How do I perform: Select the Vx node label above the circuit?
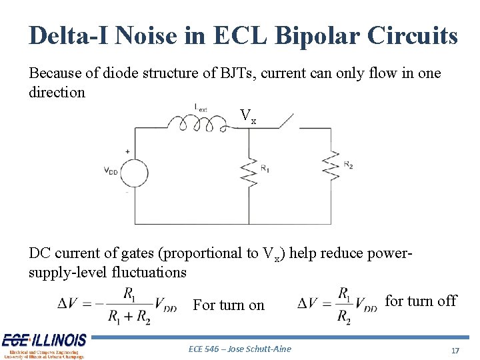coord(248,117)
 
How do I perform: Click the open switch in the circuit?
coord(284,121)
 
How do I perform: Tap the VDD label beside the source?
coord(111,171)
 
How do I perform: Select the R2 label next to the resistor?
coord(349,164)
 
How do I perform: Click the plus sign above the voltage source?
coord(128,151)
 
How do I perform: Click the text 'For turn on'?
coord(229,305)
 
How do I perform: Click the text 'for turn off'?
coord(421,301)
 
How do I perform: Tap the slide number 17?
coord(456,350)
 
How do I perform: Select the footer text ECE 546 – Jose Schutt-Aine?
coord(240,349)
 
